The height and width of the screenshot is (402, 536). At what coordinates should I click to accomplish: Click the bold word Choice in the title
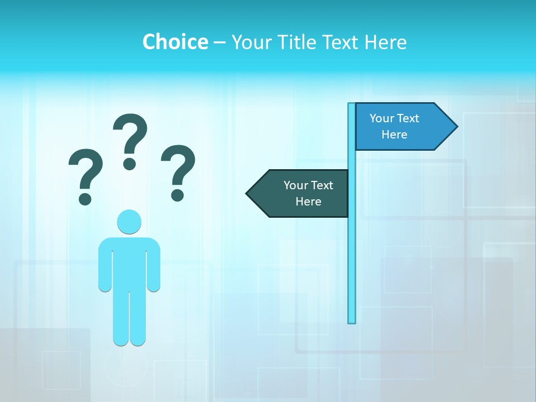pos(175,42)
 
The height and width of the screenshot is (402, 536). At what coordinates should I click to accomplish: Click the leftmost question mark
pos(85,176)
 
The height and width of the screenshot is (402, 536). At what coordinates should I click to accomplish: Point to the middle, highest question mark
pos(130,141)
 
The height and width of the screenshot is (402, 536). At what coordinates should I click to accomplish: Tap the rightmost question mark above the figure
pos(178,172)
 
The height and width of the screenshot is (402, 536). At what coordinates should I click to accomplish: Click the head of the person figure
pos(129,222)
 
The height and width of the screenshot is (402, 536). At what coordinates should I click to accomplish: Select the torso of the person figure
pos(129,262)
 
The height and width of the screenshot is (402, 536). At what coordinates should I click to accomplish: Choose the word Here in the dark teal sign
pos(308,202)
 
